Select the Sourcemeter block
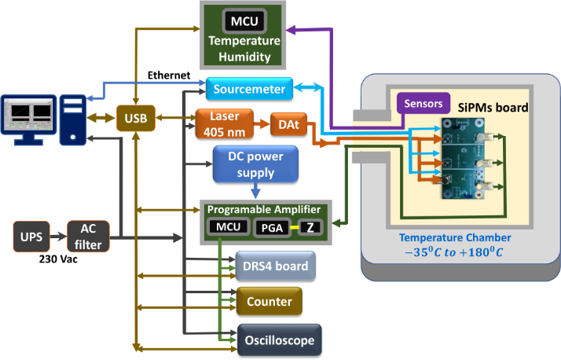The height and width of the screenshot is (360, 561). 249,89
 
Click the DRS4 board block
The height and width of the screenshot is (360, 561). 276,266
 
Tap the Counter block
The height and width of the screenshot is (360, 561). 269,301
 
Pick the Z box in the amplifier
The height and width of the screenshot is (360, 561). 312,228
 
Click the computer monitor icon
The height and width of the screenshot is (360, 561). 28,116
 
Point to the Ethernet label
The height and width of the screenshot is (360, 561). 168,75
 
